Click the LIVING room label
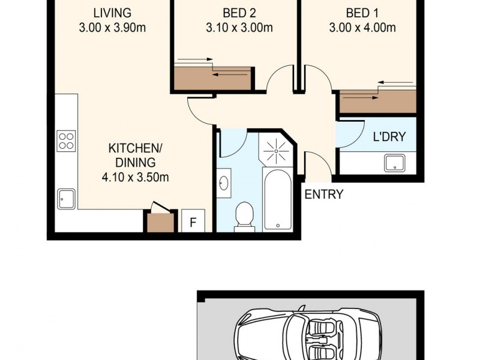point(112,13)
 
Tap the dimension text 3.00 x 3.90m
point(112,27)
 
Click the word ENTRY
point(324,194)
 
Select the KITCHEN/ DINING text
point(132,155)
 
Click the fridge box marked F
point(193,221)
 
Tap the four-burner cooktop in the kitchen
point(66,141)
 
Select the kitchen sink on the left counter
point(66,197)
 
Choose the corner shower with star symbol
point(276,150)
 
